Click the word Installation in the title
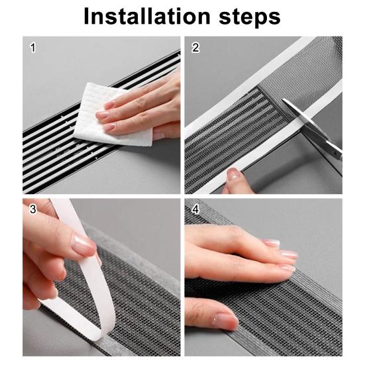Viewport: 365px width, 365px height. [147, 16]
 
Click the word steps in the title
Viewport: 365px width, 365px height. [250, 17]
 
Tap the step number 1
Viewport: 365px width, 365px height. [33, 48]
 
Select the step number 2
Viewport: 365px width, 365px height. [195, 48]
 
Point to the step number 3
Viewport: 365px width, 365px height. [33, 209]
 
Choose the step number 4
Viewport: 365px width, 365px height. [195, 209]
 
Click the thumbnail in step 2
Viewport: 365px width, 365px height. [233, 174]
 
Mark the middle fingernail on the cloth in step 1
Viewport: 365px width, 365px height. [103, 115]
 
